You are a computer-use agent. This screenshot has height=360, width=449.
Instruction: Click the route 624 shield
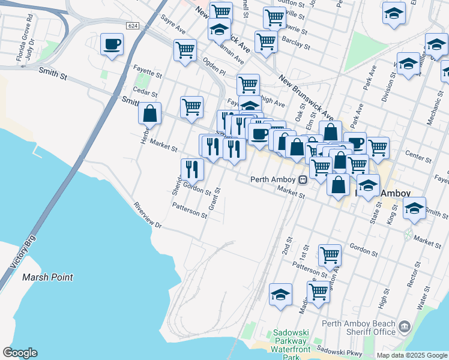pyautogui.click(x=133, y=26)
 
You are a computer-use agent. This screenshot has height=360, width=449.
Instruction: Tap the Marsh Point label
pyautogui.click(x=47, y=277)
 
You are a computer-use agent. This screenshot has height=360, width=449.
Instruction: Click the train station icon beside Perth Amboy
pyautogui.click(x=304, y=179)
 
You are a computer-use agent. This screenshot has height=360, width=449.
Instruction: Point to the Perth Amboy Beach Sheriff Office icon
pyautogui.click(x=404, y=327)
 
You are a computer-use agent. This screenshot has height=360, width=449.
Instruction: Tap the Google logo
pyautogui.click(x=20, y=353)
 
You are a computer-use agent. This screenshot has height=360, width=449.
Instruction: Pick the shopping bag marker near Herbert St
pyautogui.click(x=149, y=113)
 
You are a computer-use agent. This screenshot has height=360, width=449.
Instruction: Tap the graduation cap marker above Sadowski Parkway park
pyautogui.click(x=280, y=295)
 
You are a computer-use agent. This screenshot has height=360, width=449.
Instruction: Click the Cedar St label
pyautogui.click(x=145, y=94)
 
